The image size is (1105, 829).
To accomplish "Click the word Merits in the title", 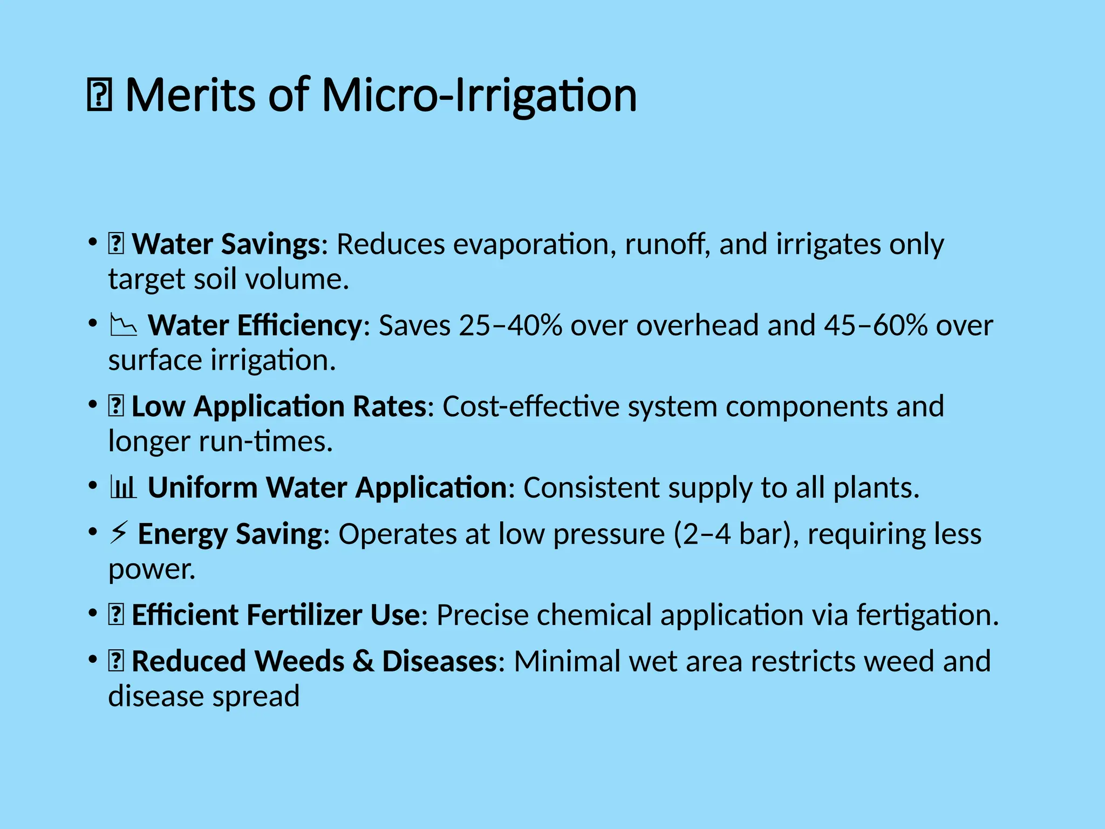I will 190,96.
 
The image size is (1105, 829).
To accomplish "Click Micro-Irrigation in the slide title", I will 479,96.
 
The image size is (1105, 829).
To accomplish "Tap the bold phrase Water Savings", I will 227,244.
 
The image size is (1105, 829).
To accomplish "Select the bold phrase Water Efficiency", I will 255,325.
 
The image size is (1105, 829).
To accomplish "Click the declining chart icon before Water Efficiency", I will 123,325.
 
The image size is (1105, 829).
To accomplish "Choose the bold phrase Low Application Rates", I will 279,406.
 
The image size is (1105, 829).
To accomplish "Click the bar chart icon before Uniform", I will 123,488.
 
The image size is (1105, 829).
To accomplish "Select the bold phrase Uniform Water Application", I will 327,488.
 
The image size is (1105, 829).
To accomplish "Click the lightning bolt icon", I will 118,533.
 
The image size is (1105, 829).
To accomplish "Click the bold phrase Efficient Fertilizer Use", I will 275,615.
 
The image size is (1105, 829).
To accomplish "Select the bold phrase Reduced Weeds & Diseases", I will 313,662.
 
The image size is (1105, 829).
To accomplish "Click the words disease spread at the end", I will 203,696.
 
